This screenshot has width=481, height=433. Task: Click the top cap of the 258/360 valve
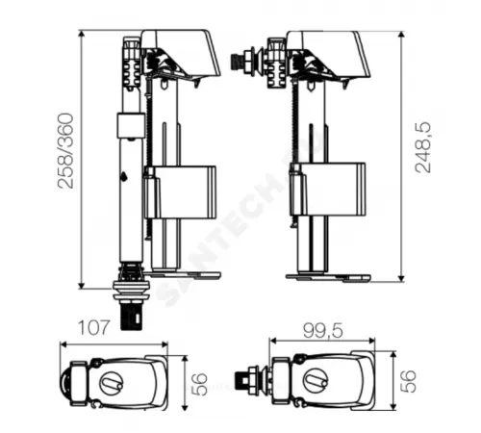pos(183,50)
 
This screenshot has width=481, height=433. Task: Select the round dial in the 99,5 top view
pos(316,381)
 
